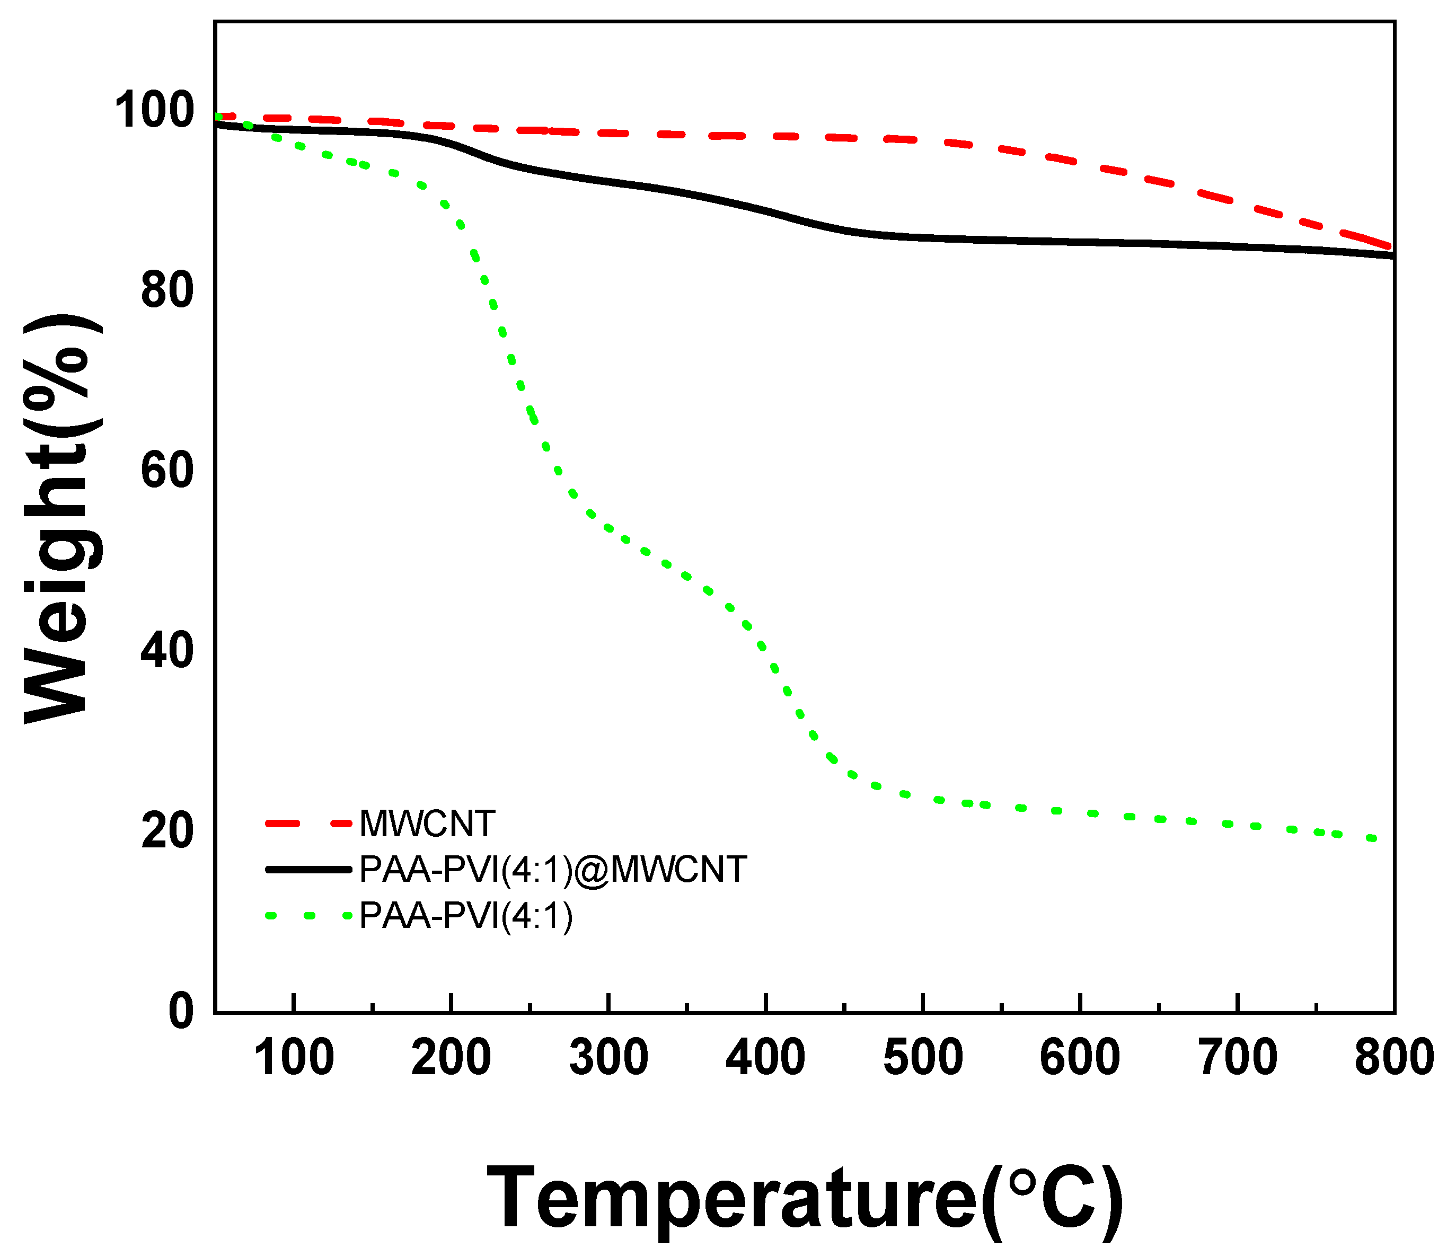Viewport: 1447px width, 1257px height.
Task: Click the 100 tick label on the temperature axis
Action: click(x=293, y=1059)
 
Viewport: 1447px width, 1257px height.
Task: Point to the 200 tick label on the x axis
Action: click(x=451, y=1059)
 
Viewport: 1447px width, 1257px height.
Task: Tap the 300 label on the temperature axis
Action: click(x=608, y=1059)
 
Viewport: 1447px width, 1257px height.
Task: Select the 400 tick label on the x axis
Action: click(x=765, y=1059)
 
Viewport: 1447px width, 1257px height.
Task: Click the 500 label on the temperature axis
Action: click(x=923, y=1059)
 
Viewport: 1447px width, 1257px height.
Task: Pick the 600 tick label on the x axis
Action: click(x=1080, y=1059)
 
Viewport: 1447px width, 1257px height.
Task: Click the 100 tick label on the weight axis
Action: click(x=154, y=111)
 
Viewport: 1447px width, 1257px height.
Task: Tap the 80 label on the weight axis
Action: click(x=167, y=290)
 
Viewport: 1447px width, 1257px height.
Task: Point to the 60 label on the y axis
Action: click(x=167, y=471)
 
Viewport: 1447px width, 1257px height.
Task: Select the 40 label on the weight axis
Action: click(x=167, y=650)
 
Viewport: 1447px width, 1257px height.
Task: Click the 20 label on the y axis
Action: click(x=167, y=830)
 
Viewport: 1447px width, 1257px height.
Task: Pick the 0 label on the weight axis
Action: click(x=181, y=1011)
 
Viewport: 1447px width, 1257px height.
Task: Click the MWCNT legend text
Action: click(x=427, y=824)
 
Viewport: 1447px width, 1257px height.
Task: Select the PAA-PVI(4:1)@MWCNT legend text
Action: click(x=553, y=870)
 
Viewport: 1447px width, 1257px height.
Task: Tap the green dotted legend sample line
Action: click(x=308, y=915)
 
